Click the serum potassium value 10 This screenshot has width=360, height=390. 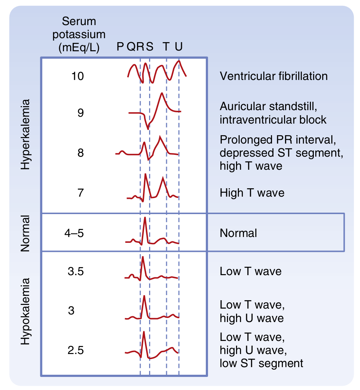[x=78, y=76]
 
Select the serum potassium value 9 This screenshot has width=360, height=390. [x=80, y=113]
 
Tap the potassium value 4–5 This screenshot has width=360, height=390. [x=74, y=233]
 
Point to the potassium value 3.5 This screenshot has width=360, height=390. [x=76, y=272]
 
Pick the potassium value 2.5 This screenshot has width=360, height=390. [x=76, y=350]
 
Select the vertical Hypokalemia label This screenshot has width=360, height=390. [x=25, y=312]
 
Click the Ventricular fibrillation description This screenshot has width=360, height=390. [x=273, y=76]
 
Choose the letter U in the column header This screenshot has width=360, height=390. [x=179, y=47]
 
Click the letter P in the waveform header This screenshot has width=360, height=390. [x=120, y=47]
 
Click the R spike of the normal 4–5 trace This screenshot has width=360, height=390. [x=145, y=218]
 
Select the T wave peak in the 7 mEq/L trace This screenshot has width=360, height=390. [x=164, y=177]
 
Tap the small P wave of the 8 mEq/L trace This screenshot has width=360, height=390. [x=122, y=151]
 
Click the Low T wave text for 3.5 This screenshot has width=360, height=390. [x=251, y=271]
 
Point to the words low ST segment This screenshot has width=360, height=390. [x=261, y=363]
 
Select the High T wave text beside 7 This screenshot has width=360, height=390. [x=252, y=193]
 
